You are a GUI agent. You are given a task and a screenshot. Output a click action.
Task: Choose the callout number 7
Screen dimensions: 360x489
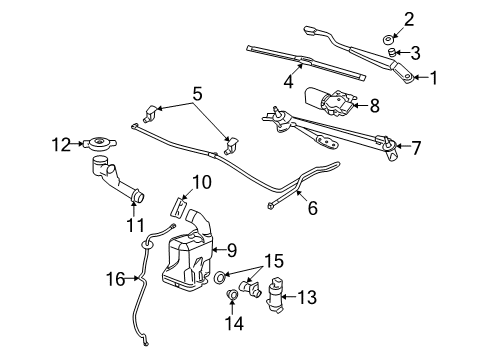point(415,147)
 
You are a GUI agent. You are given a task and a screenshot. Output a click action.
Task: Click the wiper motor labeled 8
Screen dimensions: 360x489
point(333,102)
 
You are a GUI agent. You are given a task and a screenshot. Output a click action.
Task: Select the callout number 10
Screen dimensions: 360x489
point(201,181)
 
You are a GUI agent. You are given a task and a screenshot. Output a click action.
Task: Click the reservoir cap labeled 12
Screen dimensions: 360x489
point(97,144)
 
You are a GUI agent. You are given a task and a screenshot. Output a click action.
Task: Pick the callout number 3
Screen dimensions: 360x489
point(415,52)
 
